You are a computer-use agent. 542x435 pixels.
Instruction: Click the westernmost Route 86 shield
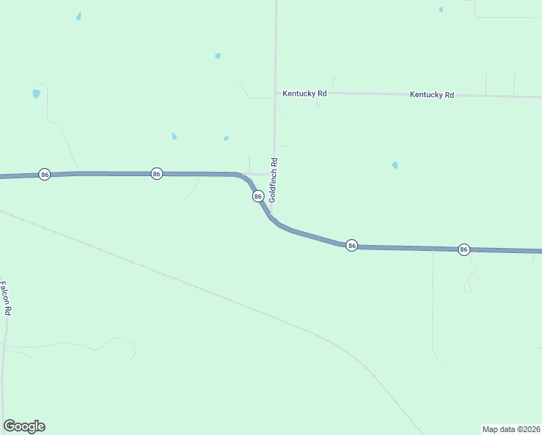point(44,175)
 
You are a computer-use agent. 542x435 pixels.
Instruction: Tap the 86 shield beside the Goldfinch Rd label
point(257,196)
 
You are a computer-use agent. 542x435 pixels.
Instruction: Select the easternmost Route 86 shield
point(464,249)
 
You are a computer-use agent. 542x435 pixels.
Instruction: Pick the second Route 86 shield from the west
point(157,174)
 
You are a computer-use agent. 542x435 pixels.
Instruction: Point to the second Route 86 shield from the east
point(351,246)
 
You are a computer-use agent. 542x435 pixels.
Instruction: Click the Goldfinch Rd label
point(273,181)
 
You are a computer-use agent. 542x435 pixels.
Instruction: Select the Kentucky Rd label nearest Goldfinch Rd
point(304,94)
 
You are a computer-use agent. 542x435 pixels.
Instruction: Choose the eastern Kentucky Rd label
point(431,95)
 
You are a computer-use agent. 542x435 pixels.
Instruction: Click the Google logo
point(24,426)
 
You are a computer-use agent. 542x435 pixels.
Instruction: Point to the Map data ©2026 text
point(511,429)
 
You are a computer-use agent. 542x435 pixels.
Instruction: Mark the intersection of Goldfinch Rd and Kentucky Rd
point(275,94)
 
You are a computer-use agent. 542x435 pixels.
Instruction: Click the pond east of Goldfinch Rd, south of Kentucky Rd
point(394,165)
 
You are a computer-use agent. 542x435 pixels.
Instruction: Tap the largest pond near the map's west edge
point(36,94)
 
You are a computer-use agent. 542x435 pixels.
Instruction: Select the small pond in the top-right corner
point(441,9)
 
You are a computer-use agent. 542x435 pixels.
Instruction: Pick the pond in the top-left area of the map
point(78,16)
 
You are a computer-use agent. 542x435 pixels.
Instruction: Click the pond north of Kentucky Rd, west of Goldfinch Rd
point(217,55)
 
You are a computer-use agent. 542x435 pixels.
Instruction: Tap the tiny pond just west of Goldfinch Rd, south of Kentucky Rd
point(226,138)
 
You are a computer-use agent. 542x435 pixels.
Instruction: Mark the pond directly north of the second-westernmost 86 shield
point(174,136)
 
